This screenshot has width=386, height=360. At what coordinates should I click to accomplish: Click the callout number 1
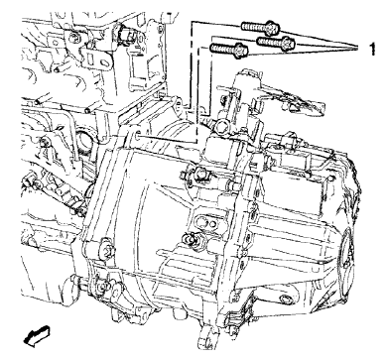tap(370, 46)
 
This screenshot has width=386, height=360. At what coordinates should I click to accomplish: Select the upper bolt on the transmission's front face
tap(194, 177)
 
